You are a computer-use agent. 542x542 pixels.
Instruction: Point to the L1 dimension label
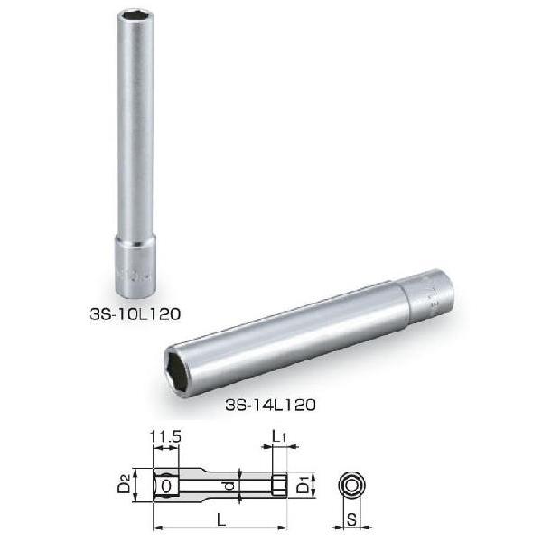pos(281,438)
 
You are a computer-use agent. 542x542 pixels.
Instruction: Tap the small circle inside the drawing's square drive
pos(166,485)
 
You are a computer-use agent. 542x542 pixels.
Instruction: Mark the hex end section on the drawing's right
pos(280,485)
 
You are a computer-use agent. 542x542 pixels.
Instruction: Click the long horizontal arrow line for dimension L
pos(221,528)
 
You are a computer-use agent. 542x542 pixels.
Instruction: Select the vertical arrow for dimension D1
pos(294,485)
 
